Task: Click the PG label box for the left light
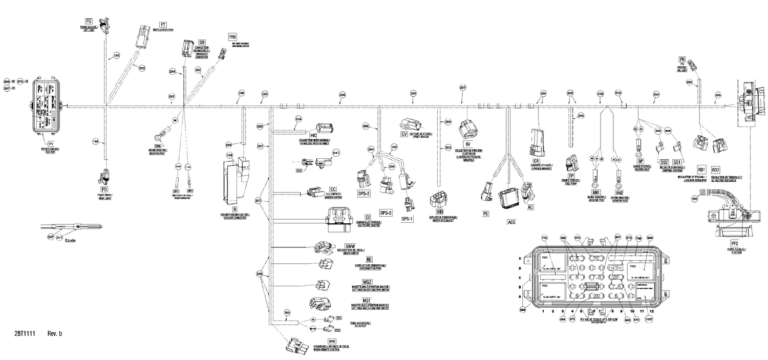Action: point(89,22)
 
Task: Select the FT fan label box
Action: point(163,25)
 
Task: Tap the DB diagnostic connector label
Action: point(202,42)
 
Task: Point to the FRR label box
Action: point(233,37)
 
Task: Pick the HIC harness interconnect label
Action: point(313,135)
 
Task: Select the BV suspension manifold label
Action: point(467,144)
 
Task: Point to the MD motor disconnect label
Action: point(439,211)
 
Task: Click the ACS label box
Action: point(511,222)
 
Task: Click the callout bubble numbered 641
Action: point(336,153)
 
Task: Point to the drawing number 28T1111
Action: point(24,333)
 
